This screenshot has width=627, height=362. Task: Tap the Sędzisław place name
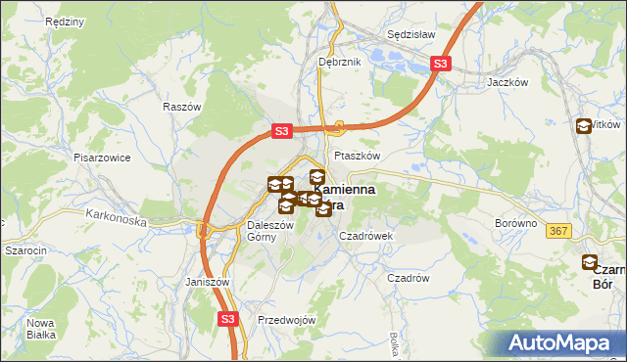(411, 33)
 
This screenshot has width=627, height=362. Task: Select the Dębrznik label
(340, 62)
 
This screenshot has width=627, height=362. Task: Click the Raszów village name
(182, 107)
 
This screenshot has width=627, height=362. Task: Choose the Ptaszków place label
(357, 156)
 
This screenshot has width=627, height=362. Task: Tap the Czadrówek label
(365, 236)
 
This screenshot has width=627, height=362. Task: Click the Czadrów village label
(409, 278)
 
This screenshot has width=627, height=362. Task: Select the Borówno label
(516, 223)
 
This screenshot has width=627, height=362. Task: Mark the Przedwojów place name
(285, 320)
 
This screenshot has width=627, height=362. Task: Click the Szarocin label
(26, 250)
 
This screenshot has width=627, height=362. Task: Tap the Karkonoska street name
(116, 217)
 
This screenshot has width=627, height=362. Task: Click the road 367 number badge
(558, 231)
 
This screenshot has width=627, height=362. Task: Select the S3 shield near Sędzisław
(441, 65)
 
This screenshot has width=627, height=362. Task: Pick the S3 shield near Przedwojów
(227, 318)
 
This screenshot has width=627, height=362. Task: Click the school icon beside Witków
(585, 125)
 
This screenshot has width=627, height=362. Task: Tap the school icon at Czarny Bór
(590, 262)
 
